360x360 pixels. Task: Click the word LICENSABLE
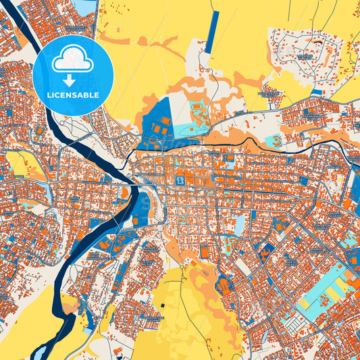coord(74,95)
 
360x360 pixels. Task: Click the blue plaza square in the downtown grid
coord(180,181)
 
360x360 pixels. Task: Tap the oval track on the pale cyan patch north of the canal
coord(198,108)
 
